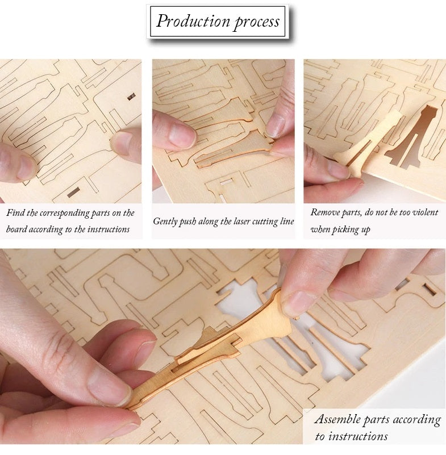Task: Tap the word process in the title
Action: click(x=255, y=22)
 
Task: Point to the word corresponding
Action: click(x=60, y=213)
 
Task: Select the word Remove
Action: click(x=324, y=212)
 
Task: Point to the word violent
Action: click(x=424, y=212)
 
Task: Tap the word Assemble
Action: click(x=339, y=420)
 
